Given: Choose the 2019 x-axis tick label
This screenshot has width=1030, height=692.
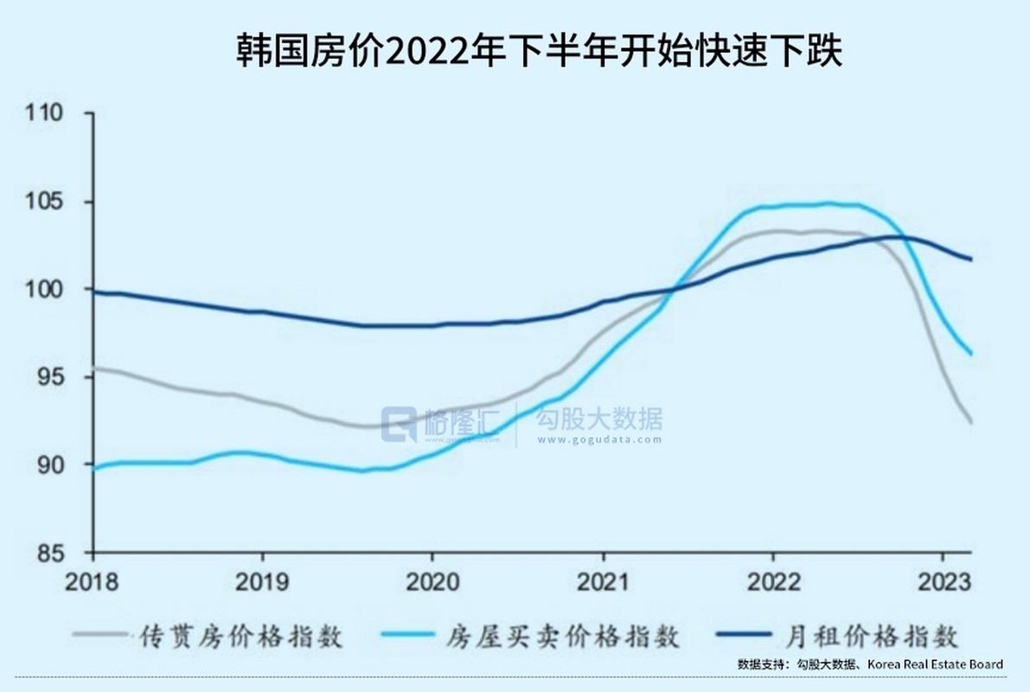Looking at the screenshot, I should tap(262, 581).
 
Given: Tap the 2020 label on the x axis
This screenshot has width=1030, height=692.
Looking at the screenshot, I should tap(432, 581).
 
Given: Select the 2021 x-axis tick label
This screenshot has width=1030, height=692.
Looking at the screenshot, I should tap(603, 581).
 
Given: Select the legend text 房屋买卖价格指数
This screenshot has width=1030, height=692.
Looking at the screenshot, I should tap(564, 638).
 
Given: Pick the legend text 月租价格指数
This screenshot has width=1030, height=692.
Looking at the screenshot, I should tap(875, 638).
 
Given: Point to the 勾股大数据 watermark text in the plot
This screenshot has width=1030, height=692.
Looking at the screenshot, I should tap(599, 420).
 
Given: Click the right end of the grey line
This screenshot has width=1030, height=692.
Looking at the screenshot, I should tap(971, 422).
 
